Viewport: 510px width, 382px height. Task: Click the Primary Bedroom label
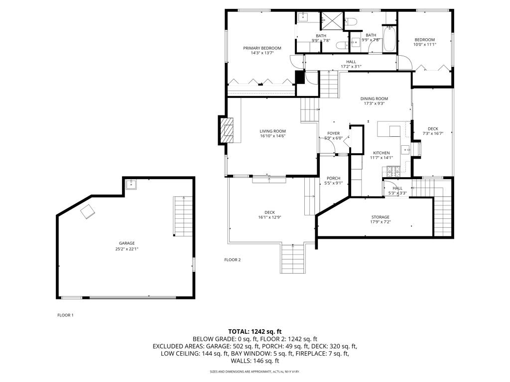(262, 48)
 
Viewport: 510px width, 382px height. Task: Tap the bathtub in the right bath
(389, 38)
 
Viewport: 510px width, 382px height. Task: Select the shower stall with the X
(329, 20)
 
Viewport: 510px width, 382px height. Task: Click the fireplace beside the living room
(227, 130)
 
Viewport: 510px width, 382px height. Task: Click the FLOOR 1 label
(65, 315)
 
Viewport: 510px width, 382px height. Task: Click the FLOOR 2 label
(232, 260)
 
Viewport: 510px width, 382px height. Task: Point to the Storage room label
(380, 217)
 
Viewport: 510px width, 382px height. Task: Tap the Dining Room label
(374, 98)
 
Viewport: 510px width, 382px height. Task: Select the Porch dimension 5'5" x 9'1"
(333, 184)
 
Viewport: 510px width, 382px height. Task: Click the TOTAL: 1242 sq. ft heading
(255, 331)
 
